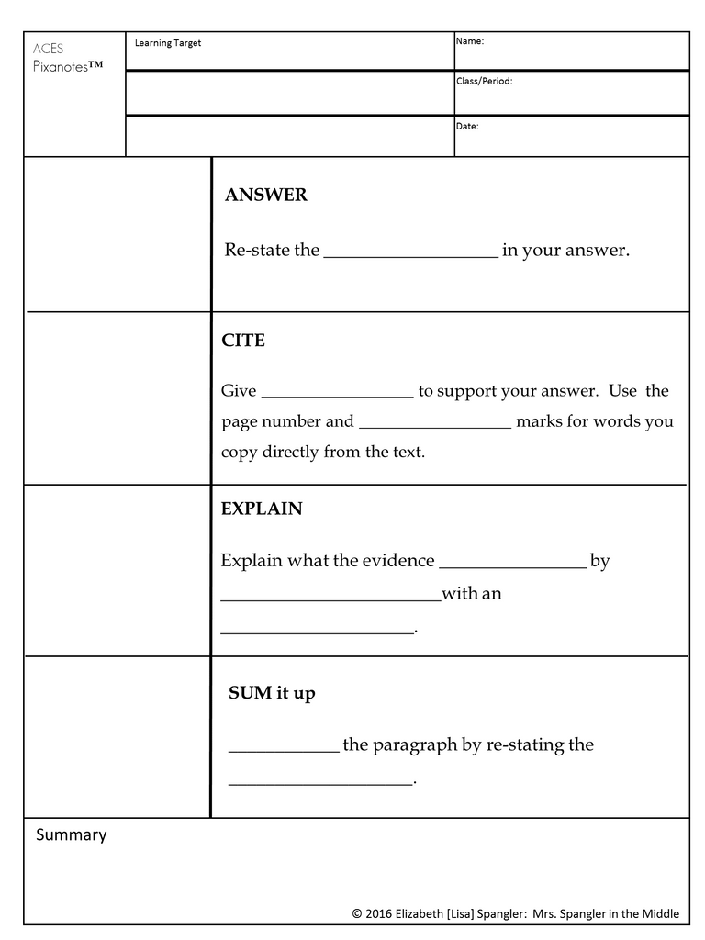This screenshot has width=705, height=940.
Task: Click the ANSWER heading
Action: tap(266, 196)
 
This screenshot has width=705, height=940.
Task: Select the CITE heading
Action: tap(243, 341)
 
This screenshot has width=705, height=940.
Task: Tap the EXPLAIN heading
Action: tap(262, 509)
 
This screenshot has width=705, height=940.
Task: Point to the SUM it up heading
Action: tap(272, 693)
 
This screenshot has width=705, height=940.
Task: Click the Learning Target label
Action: tap(168, 43)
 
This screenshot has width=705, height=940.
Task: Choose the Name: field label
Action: tap(470, 41)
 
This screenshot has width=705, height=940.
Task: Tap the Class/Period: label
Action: tap(484, 81)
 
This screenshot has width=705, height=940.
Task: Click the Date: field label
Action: tap(467, 126)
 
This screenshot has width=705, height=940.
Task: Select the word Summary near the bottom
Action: tap(72, 834)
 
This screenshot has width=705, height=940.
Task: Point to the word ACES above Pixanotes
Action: tap(48, 49)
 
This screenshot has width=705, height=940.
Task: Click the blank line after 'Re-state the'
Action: tap(410, 256)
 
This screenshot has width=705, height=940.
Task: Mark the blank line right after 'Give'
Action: tap(337, 397)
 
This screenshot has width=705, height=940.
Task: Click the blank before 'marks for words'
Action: tap(435, 427)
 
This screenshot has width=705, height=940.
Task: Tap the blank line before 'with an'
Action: tap(330, 599)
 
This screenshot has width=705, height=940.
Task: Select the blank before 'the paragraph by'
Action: tap(284, 750)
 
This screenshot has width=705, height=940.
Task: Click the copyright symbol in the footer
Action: tap(356, 913)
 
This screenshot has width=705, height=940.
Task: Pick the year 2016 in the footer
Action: tap(380, 913)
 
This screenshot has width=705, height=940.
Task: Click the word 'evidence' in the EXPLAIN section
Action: tap(397, 561)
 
